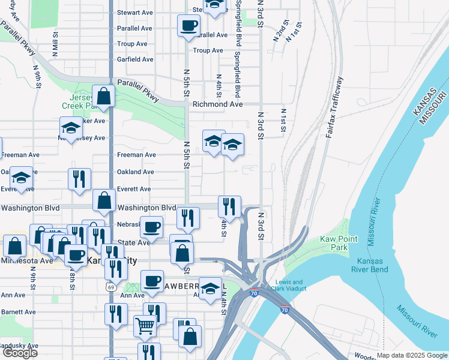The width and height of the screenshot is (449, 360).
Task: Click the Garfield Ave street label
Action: pyautogui.click(x=135, y=59)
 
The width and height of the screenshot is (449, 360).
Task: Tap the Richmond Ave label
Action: pyautogui.click(x=217, y=104)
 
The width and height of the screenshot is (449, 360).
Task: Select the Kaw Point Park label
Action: pyautogui.click(x=334, y=243)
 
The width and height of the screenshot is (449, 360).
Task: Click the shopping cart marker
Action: pyautogui.click(x=145, y=325)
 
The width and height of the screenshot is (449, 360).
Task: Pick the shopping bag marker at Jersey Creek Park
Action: pyautogui.click(x=104, y=96)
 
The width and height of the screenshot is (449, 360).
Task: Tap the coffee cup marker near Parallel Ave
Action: pyautogui.click(x=188, y=26)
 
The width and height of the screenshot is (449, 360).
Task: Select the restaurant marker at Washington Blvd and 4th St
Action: pyautogui.click(x=229, y=207)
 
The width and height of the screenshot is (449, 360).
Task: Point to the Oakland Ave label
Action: pyautogui.click(x=135, y=172)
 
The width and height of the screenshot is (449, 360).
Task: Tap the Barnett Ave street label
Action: pyautogui.click(x=19, y=312)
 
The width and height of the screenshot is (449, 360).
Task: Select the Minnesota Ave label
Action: pyautogui.click(x=26, y=261)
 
